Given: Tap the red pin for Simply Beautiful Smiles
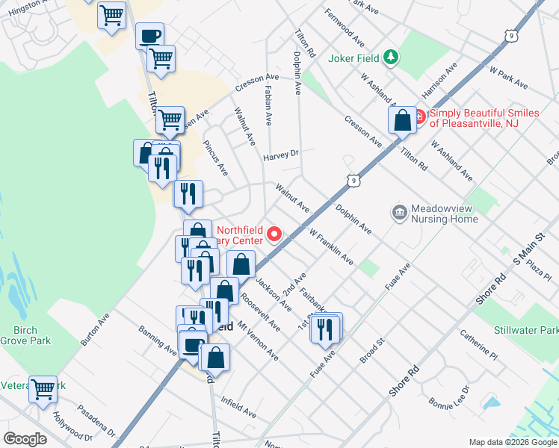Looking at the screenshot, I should click(419, 117).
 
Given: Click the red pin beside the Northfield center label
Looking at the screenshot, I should click(274, 235).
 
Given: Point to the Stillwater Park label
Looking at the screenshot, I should click(525, 329).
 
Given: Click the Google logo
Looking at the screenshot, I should click(25, 439).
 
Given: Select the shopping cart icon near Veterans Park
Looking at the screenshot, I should click(43, 389).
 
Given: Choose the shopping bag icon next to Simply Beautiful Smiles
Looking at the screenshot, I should click(403, 120).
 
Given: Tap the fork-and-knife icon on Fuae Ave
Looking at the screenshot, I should click(324, 328).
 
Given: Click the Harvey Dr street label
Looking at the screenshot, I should click(281, 156).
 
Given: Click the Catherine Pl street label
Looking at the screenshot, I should click(478, 343).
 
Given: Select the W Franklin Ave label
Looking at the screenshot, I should click(331, 246).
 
